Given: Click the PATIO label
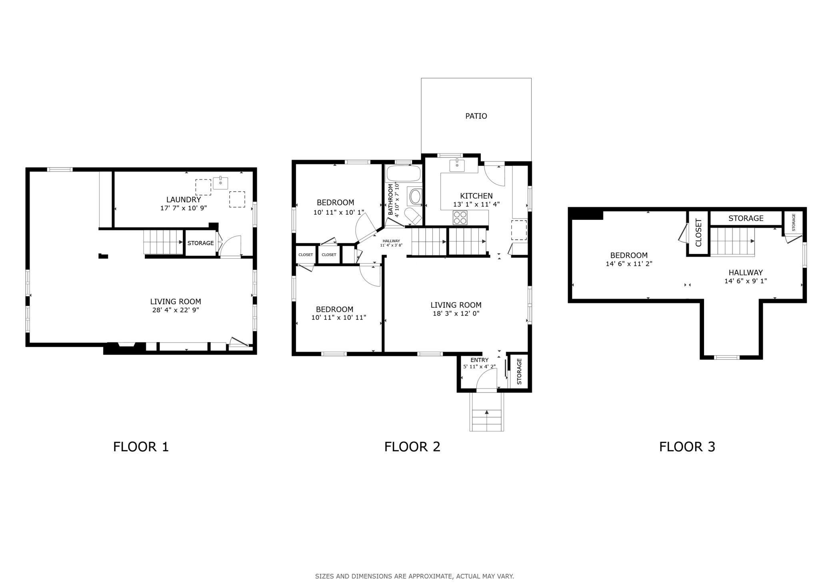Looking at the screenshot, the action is click(476, 116).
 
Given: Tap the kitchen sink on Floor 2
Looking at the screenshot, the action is click(457, 165).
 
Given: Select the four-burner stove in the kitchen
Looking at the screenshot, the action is click(460, 217).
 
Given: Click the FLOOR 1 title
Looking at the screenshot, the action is click(141, 446).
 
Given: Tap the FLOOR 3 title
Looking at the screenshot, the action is click(687, 446).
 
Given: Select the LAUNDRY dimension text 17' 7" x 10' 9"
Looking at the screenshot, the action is click(183, 208).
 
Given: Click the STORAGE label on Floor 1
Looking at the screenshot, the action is click(200, 243).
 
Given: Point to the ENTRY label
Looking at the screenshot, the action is click(479, 360).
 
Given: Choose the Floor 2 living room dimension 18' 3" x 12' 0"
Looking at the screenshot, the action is click(456, 313).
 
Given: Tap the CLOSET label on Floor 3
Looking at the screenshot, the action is click(698, 233).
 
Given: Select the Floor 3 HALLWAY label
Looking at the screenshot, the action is click(745, 273).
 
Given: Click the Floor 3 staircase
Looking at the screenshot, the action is click(732, 242).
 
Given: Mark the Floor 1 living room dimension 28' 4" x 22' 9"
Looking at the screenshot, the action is click(176, 310).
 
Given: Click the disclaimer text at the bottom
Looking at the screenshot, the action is click(414, 576).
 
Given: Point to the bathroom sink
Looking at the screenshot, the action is click(415, 196).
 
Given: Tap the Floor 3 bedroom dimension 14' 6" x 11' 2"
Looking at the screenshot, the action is click(629, 264).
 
